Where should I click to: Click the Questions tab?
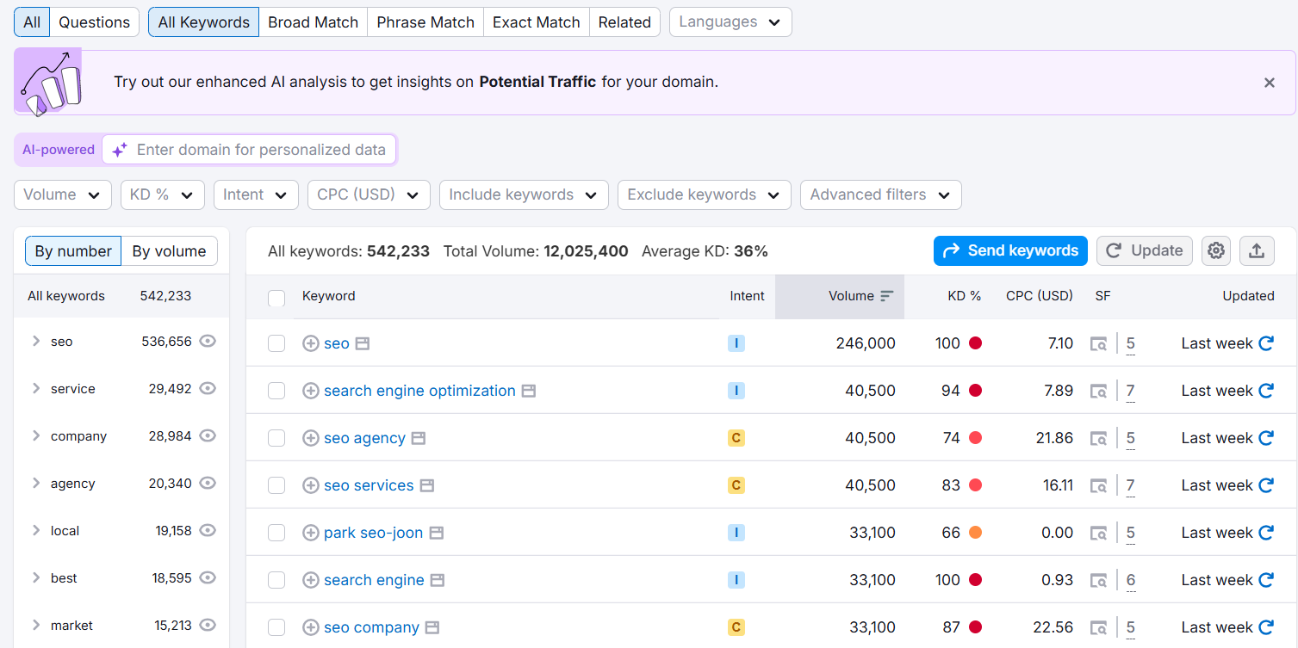[94, 22]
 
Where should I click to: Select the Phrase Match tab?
[425, 22]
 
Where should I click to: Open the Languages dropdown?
[730, 22]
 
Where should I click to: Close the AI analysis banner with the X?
[1269, 83]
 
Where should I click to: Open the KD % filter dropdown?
[162, 194]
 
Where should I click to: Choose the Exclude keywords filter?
[704, 194]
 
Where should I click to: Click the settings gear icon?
[1216, 250]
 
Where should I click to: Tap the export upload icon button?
[1257, 250]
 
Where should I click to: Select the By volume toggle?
[169, 251]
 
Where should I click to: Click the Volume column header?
[851, 296]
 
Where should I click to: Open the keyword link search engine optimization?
[419, 391]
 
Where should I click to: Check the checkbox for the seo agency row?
[276, 438]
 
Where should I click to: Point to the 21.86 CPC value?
[1054, 438]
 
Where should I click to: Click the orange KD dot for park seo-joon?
[975, 533]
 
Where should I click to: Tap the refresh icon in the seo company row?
[1266, 627]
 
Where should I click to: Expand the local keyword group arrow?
[36, 531]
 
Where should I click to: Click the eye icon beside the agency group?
[208, 484]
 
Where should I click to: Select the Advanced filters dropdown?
[880, 194]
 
